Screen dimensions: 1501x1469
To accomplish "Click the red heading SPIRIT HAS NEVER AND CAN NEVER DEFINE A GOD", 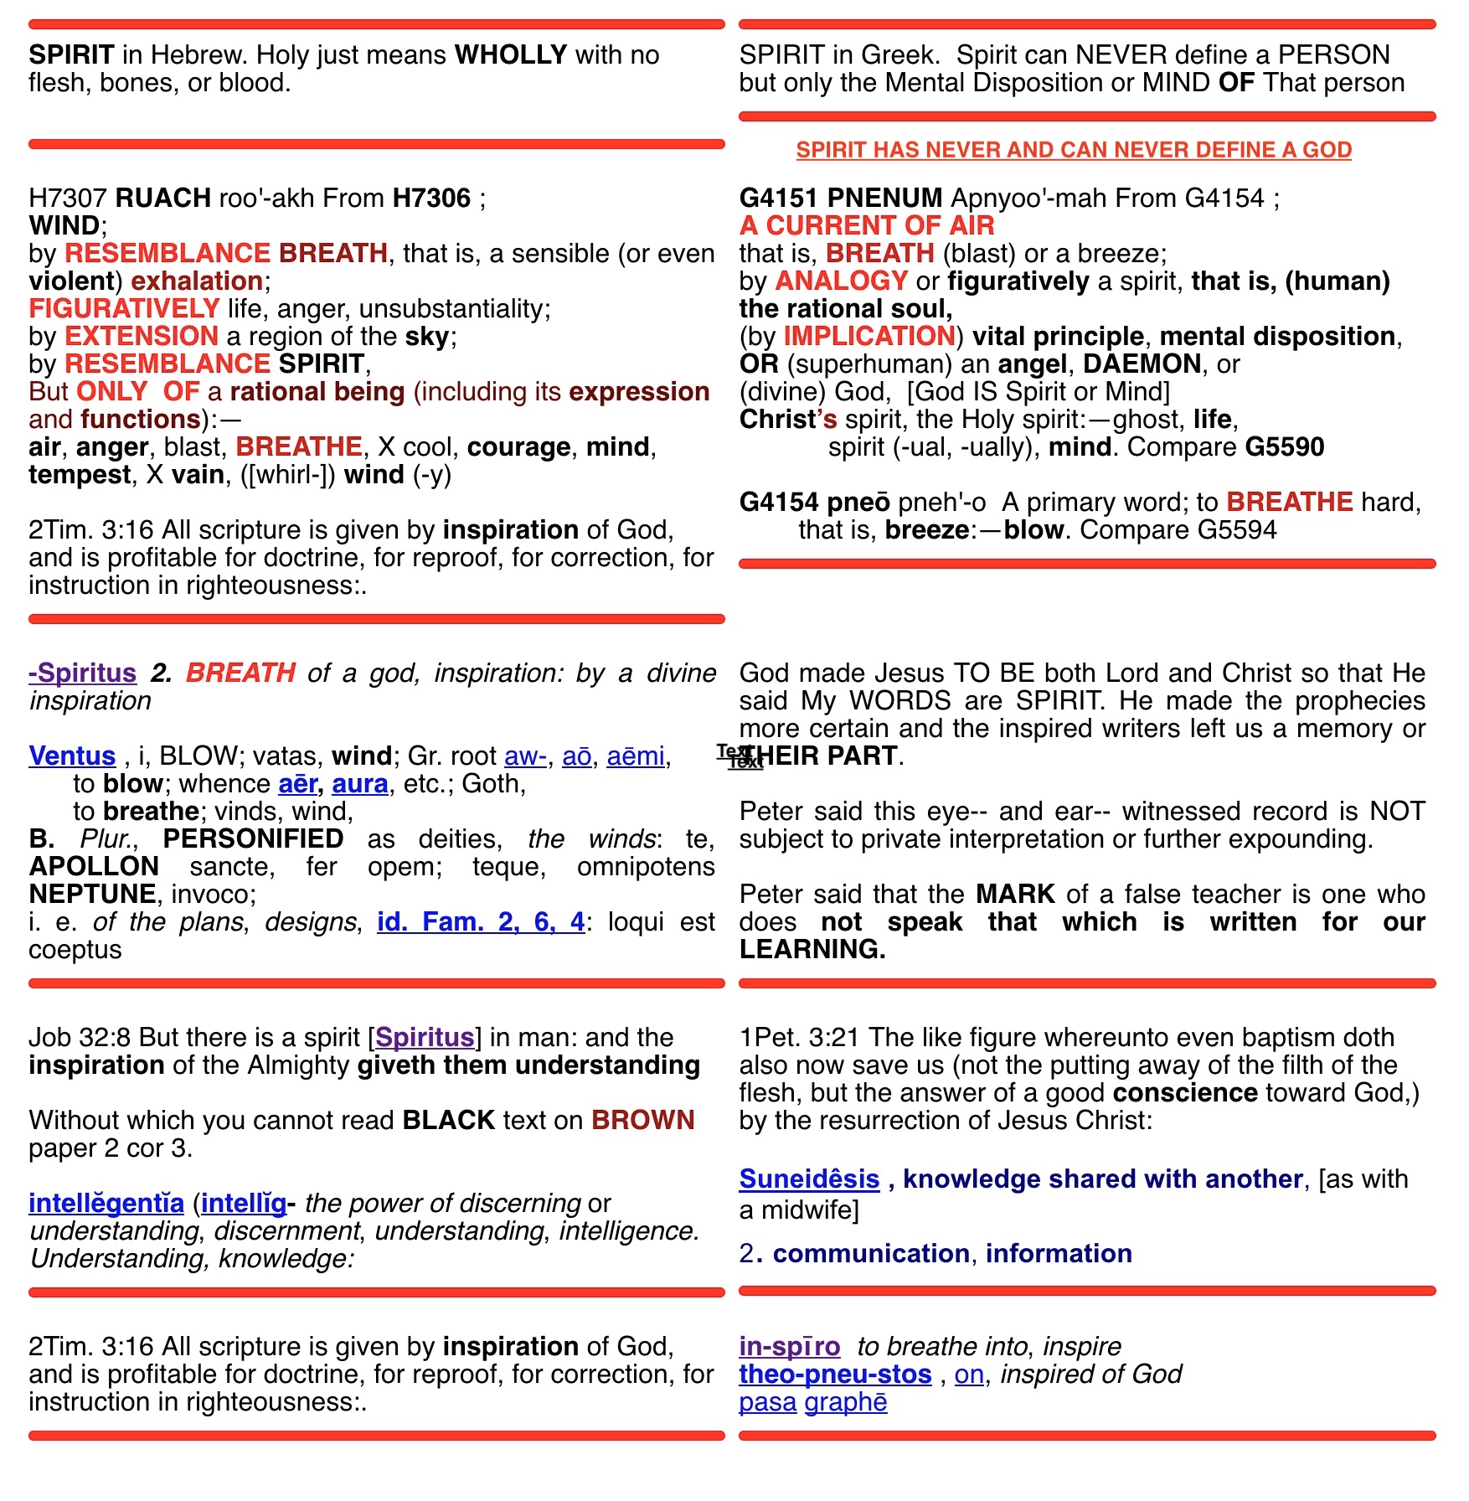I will pyautogui.click(x=1074, y=150).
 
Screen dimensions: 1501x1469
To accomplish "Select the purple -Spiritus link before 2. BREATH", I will pyautogui.click(x=82, y=673).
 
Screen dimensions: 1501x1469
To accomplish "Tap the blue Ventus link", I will pyautogui.click(x=72, y=756).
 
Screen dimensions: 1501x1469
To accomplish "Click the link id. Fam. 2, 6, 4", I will pyautogui.click(x=481, y=922).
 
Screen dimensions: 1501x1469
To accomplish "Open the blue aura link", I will pyautogui.click(x=360, y=784).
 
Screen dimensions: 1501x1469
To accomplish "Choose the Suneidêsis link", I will pyautogui.click(x=809, y=1179).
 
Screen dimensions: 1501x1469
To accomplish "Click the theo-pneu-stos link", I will pyautogui.click(x=835, y=1375).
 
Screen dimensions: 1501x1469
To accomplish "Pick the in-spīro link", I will pyautogui.click(x=789, y=1347).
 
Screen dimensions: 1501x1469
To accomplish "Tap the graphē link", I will pyautogui.click(x=845, y=1402).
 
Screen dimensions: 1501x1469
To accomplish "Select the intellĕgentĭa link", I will pyautogui.click(x=106, y=1204).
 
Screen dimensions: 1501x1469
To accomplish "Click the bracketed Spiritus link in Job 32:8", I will pyautogui.click(x=425, y=1038).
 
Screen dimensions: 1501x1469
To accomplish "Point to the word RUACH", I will pyautogui.click(x=163, y=199).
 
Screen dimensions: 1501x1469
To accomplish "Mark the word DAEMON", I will pyautogui.click(x=1142, y=364).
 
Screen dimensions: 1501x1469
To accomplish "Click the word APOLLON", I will pyautogui.click(x=94, y=867).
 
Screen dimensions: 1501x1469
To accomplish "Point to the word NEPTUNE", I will pyautogui.click(x=92, y=895).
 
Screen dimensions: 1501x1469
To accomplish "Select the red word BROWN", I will pyautogui.click(x=642, y=1121).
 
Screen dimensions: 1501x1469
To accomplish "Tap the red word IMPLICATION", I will pyautogui.click(x=869, y=337).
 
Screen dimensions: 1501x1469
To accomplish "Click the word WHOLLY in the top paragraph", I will pyautogui.click(x=511, y=55).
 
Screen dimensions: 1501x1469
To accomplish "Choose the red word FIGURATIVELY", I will pyautogui.click(x=124, y=309).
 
